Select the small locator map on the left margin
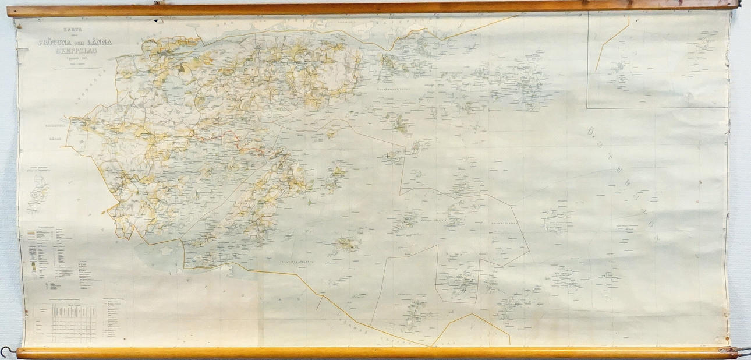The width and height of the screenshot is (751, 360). coord(38,193)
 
